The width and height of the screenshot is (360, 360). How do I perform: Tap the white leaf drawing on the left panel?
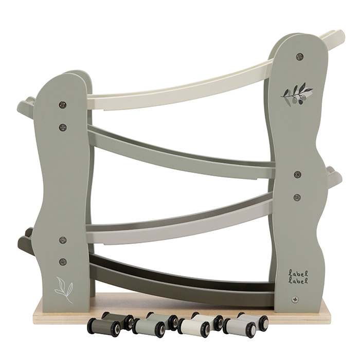pyautogui.click(x=64, y=290)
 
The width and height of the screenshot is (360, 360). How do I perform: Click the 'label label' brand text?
pyautogui.click(x=298, y=277)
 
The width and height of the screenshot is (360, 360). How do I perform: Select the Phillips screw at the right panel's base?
pyautogui.click(x=295, y=299)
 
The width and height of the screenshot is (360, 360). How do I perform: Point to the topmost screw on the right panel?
pyautogui.click(x=300, y=57)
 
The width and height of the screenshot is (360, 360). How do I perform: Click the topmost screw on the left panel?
pyautogui.click(x=63, y=105)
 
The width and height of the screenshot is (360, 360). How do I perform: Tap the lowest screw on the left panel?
pyautogui.click(x=63, y=262)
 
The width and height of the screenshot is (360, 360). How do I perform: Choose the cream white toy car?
pyautogui.click(x=200, y=323)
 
